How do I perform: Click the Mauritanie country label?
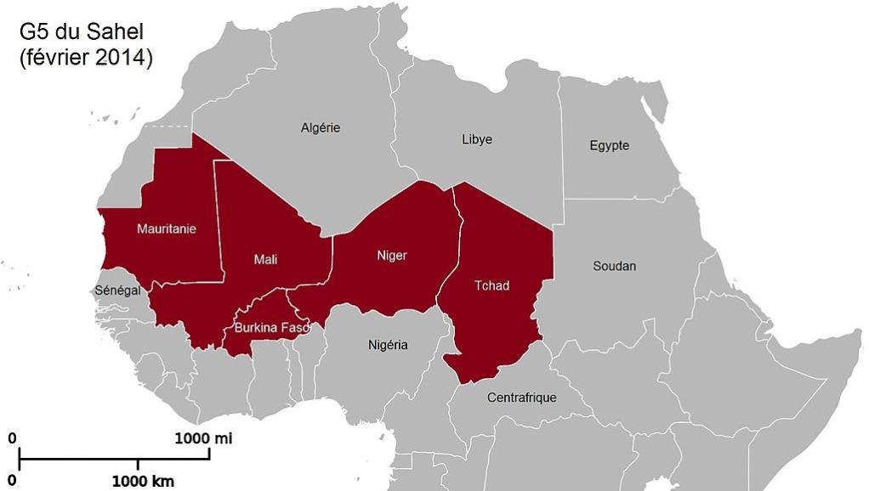click(167, 229)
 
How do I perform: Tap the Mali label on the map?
click(265, 259)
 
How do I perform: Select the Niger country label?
click(391, 255)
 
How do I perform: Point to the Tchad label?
click(491, 285)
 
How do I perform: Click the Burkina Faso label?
click(271, 327)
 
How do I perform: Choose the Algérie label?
click(321, 127)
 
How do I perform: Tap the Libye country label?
click(476, 139)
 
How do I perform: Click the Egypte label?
click(610, 145)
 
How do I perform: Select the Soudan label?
click(614, 266)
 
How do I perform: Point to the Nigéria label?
click(388, 345)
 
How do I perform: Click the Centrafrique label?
click(521, 397)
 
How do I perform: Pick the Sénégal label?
click(117, 291)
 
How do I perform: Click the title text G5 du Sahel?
click(82, 32)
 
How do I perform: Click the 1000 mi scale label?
click(203, 438)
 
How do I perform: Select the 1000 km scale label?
click(143, 482)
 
